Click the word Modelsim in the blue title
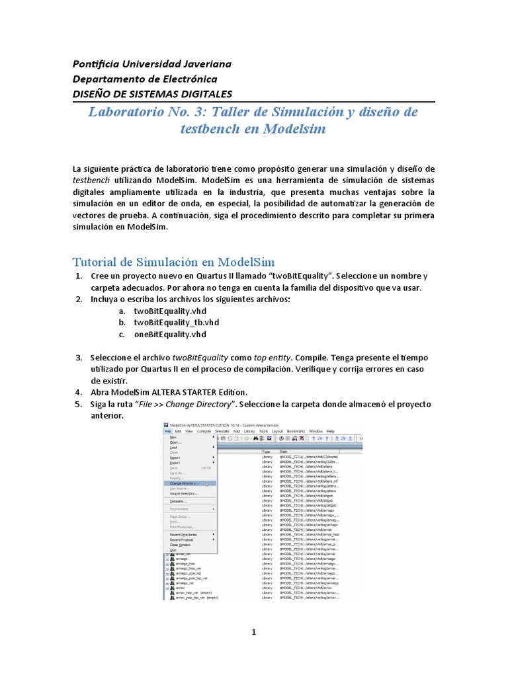pyautogui.click(x=295, y=129)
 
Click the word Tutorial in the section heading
pyautogui.click(x=94, y=262)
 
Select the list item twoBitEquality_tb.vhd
pyautogui.click(x=176, y=322)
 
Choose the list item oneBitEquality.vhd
pyautogui.click(x=171, y=334)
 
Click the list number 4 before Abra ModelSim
pyautogui.click(x=77, y=391)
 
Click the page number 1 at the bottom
pyautogui.click(x=253, y=633)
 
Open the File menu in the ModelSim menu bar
pyautogui.click(x=168, y=430)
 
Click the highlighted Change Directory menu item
pyautogui.click(x=184, y=483)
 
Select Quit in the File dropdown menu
pyautogui.click(x=173, y=549)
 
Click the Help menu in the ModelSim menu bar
pyautogui.click(x=331, y=430)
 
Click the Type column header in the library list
pyautogui.click(x=267, y=452)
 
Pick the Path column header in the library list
pyautogui.click(x=284, y=452)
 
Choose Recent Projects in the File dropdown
pyautogui.click(x=182, y=539)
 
